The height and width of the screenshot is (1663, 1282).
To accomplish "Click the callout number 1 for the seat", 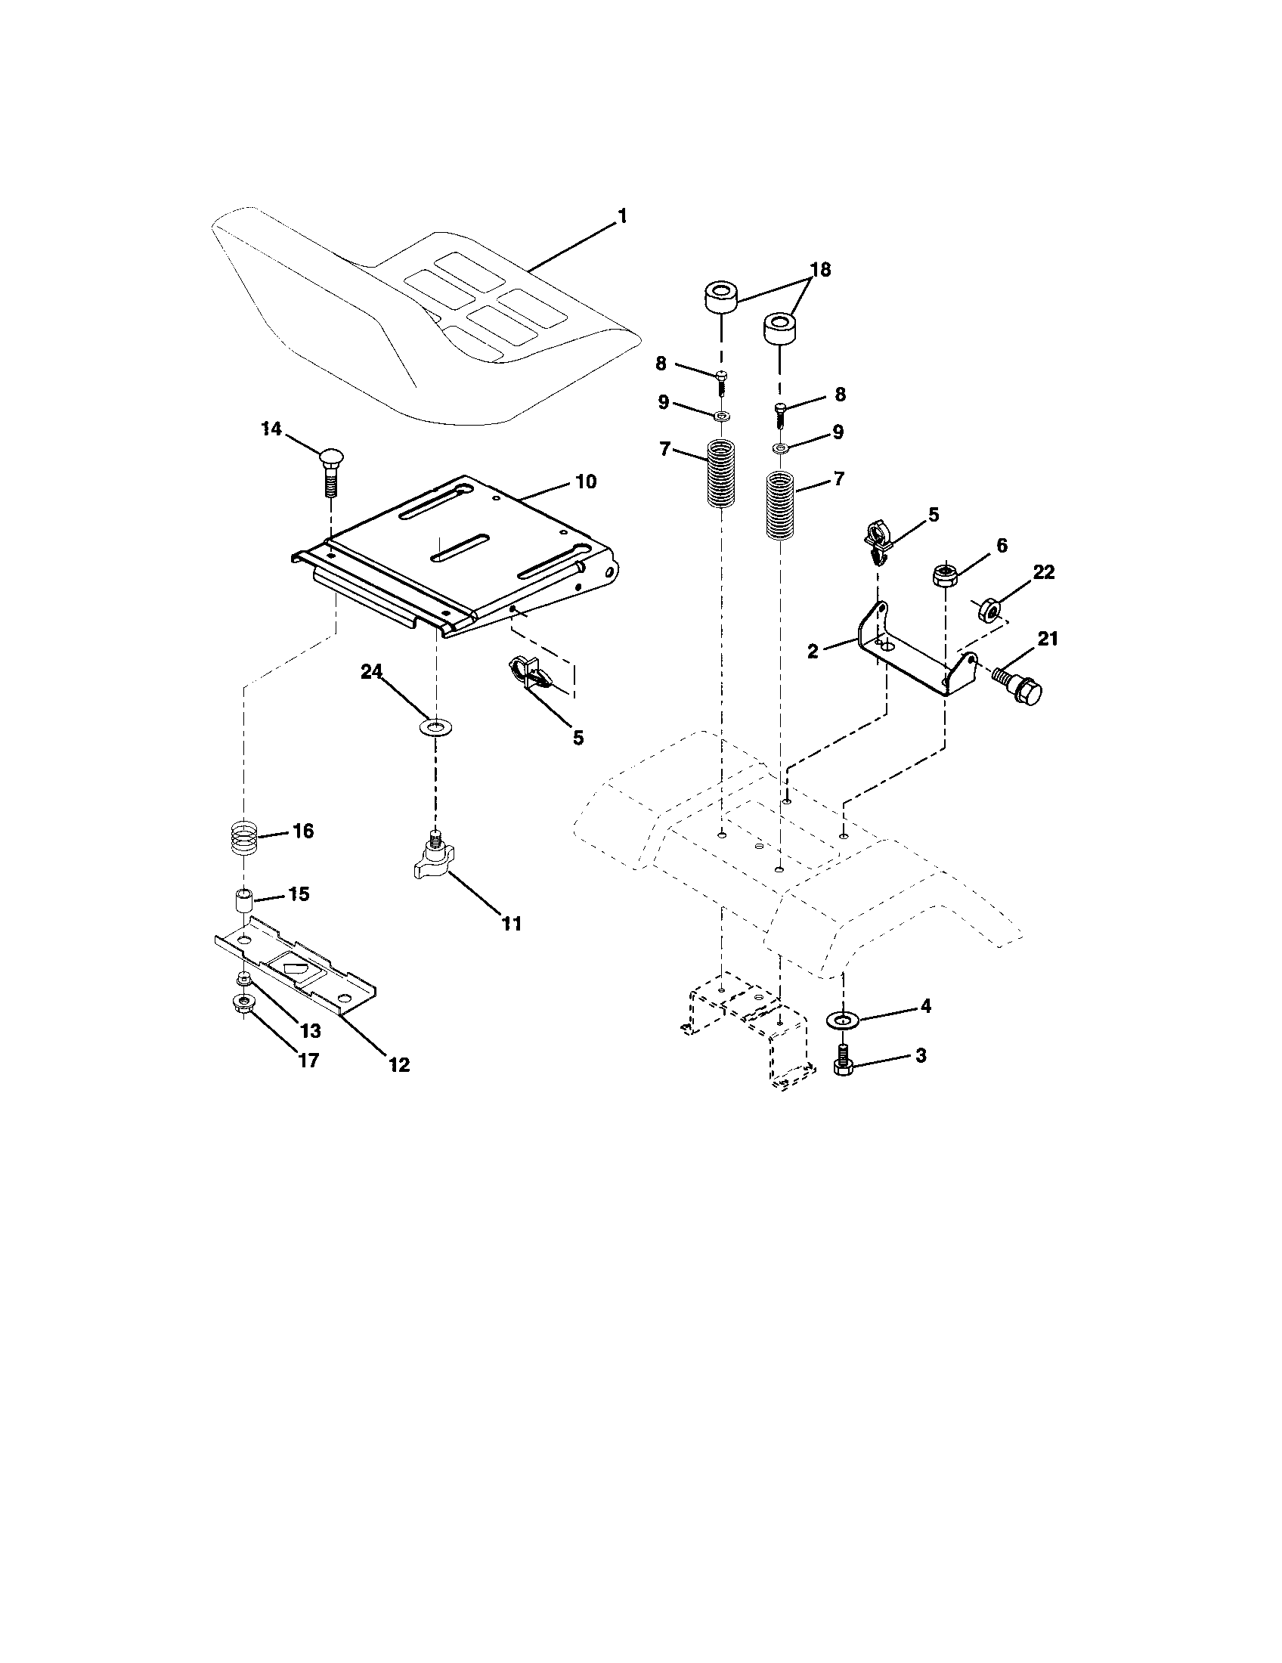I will coord(622,217).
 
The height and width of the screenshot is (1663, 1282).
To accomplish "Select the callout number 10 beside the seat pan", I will coord(585,482).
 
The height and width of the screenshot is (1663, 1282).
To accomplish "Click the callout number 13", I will coord(310,1030).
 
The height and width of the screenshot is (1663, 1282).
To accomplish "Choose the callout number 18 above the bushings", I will coord(819,270).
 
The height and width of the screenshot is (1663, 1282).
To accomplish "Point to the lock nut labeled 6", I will coord(945,574).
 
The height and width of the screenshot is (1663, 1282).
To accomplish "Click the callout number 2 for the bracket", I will coord(813,651).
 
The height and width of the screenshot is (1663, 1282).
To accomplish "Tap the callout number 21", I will coord(1048,639).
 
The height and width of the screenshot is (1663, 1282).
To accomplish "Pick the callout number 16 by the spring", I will coord(302,831).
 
